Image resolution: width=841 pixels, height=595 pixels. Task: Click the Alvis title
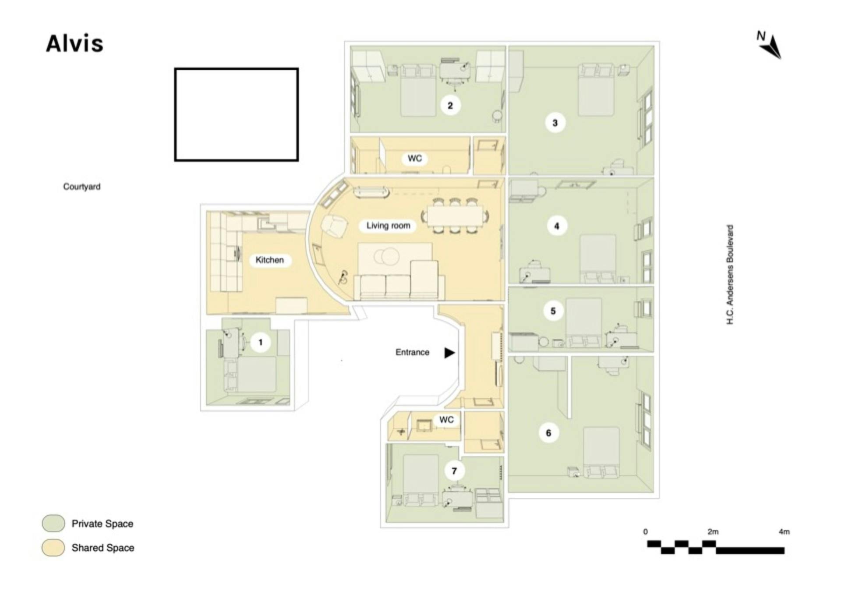click(x=75, y=44)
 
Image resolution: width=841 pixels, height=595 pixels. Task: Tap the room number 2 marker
click(x=450, y=106)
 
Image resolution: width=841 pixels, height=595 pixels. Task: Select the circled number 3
click(x=555, y=123)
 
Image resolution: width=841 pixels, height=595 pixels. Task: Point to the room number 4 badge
click(x=557, y=226)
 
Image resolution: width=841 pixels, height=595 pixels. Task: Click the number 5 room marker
click(x=553, y=311)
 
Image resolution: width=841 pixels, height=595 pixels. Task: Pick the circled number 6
click(x=548, y=433)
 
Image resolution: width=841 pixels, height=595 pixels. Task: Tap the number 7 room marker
click(x=454, y=471)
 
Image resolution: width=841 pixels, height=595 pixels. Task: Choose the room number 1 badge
click(x=261, y=342)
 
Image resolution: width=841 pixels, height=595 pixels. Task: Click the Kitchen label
click(x=270, y=260)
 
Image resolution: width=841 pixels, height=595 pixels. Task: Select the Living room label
click(x=388, y=226)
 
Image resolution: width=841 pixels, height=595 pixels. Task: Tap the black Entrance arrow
click(x=450, y=353)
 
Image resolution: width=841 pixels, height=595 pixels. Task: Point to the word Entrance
click(x=412, y=352)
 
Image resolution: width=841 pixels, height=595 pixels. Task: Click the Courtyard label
click(x=82, y=187)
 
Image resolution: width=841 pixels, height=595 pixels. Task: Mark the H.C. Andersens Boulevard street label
click(x=730, y=275)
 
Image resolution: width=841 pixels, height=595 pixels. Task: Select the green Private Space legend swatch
click(x=53, y=524)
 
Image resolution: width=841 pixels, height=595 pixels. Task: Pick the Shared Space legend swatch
click(x=53, y=548)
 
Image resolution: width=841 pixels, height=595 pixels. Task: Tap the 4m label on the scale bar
click(x=784, y=532)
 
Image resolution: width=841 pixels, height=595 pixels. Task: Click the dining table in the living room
click(x=455, y=216)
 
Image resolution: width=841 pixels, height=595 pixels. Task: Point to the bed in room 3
click(x=596, y=90)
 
